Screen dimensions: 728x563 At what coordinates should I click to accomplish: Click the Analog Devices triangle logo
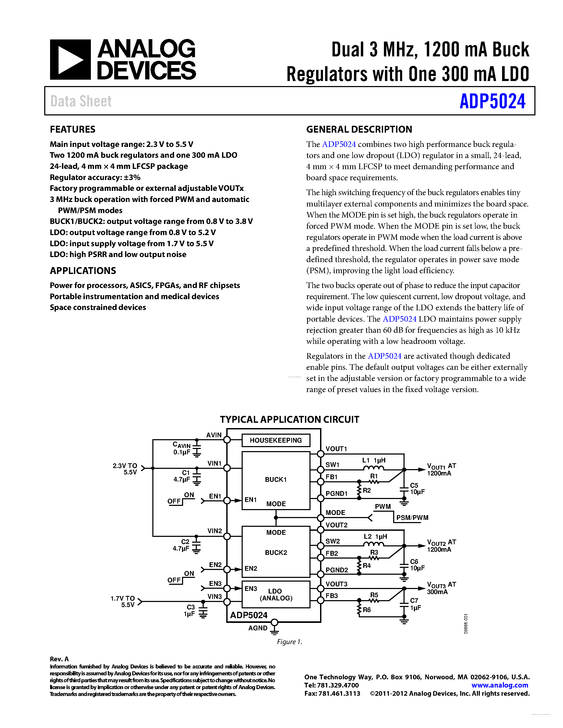[x=70, y=60]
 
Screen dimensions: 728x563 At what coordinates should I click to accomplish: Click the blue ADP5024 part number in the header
[x=492, y=101]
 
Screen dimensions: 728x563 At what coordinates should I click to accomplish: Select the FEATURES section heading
[x=72, y=129]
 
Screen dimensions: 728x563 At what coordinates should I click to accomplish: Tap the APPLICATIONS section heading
[x=83, y=271]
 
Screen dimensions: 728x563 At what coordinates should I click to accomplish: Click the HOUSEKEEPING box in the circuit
[x=276, y=440]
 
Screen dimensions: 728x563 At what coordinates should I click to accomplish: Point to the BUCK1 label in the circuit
[x=276, y=479]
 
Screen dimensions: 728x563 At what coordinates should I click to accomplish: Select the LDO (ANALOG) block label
[x=276, y=595]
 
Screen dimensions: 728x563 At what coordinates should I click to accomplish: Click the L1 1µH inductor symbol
[x=373, y=468]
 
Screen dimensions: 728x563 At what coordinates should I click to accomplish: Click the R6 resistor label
[x=367, y=610]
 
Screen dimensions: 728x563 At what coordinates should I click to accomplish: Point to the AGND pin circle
[x=274, y=622]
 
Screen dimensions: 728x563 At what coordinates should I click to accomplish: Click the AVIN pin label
[x=214, y=435]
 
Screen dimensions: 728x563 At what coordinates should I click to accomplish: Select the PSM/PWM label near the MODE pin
[x=412, y=518]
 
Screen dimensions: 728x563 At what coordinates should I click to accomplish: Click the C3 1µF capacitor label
[x=189, y=610]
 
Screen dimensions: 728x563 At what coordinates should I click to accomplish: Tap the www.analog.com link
[x=499, y=685]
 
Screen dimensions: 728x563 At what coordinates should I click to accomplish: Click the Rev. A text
[x=59, y=659]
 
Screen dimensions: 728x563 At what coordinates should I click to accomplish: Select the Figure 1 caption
[x=289, y=642]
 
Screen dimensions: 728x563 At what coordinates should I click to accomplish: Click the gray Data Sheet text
[x=81, y=101]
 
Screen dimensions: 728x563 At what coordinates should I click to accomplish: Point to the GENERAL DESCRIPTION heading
[x=359, y=129]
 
